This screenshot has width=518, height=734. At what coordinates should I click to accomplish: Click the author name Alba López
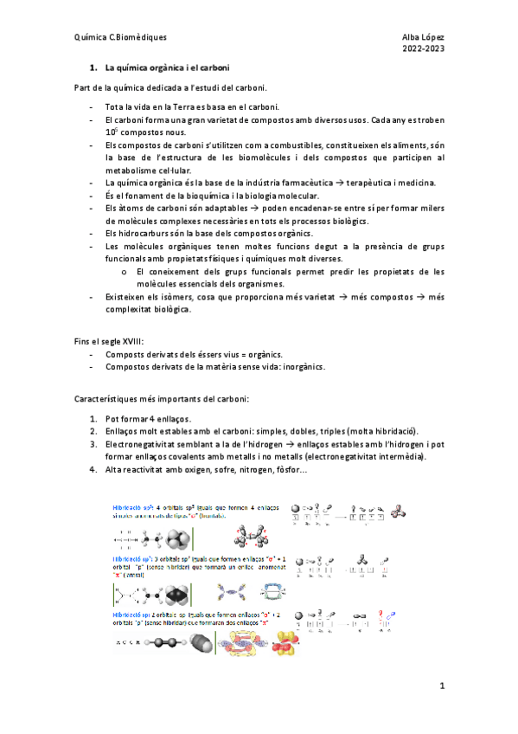[423, 38]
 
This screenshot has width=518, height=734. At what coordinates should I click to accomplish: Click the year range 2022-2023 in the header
[423, 50]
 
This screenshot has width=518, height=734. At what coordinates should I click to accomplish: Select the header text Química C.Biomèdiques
[121, 38]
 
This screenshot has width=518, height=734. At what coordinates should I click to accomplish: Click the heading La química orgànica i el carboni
[166, 68]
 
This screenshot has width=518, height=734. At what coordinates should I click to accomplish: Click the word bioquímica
[206, 196]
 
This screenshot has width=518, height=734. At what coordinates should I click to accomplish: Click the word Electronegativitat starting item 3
[146, 444]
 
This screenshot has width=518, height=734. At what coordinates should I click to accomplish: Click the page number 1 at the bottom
[441, 686]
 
